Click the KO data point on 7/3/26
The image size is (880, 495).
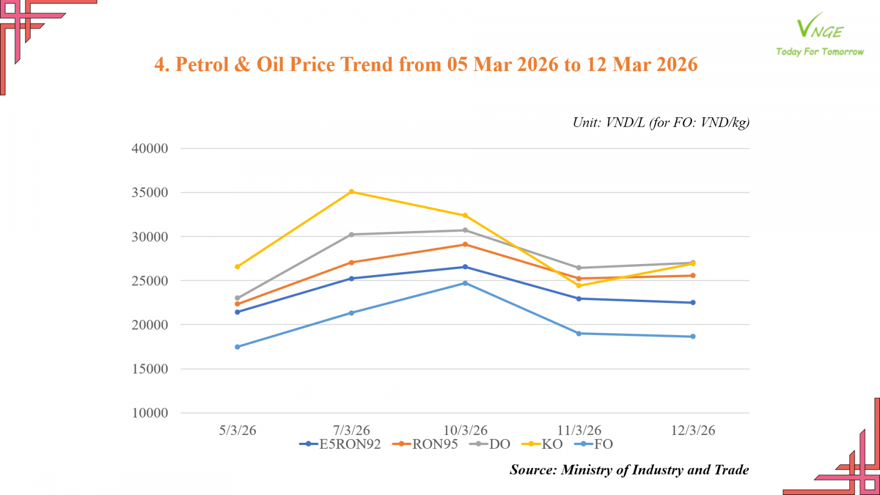coord(351,191)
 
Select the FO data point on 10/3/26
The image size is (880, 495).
coord(465,283)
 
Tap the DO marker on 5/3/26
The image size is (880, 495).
coord(238,298)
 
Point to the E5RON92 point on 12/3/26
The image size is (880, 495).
coord(693,302)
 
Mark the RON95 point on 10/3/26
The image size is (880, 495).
coord(465,244)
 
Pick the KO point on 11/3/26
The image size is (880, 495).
coord(579,285)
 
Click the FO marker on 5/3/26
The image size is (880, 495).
coord(238,347)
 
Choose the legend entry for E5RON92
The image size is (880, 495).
coord(340,444)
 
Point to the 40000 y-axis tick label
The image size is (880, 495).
coord(150,148)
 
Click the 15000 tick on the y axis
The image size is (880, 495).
coord(150,369)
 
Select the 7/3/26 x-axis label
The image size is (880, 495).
coord(351,430)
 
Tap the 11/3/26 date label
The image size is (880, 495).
coord(579,430)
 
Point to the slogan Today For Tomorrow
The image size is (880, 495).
coord(820,52)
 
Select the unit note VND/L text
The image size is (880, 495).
coord(625,122)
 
